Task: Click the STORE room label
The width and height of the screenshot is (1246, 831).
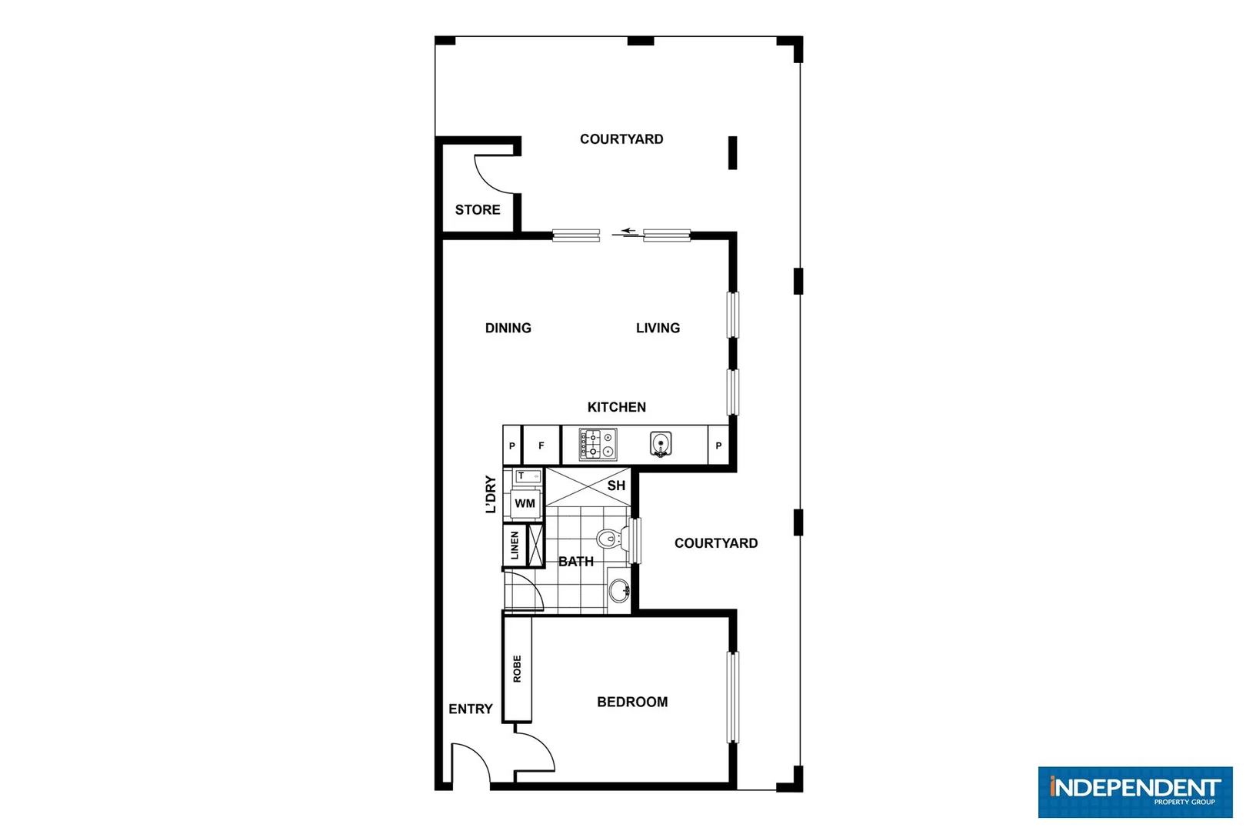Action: tap(477, 209)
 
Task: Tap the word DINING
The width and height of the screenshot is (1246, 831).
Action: tap(508, 328)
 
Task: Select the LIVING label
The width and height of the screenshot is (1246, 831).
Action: tap(658, 328)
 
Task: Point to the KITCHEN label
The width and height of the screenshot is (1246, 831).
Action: tap(616, 407)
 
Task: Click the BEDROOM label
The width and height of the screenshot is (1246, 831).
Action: tap(632, 702)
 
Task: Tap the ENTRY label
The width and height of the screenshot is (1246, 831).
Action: tap(470, 709)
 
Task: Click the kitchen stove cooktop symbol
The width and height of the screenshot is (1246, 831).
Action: tap(598, 445)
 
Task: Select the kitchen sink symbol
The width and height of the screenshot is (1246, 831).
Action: tap(661, 445)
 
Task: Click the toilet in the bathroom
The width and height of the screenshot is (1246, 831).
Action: tap(610, 537)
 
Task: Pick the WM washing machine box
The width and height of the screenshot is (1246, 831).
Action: tap(525, 504)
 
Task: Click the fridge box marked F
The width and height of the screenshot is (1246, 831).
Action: tap(541, 446)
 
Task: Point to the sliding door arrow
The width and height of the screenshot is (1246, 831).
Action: tap(629, 230)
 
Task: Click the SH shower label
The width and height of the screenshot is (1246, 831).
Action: tap(616, 486)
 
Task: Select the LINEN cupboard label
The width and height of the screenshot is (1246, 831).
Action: tap(515, 546)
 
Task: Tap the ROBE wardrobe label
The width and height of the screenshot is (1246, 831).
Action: tap(517, 669)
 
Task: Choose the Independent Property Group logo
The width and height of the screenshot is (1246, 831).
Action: tap(1134, 791)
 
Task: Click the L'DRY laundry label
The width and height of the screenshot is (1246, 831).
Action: tap(491, 494)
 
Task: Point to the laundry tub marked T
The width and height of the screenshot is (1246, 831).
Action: tap(527, 476)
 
